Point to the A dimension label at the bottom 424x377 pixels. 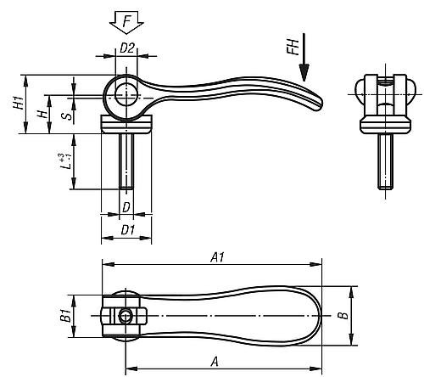pyautogui.click(x=215, y=362)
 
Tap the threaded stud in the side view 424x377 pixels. pyautogui.click(x=126, y=161)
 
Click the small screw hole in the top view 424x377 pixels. pyautogui.click(x=126, y=317)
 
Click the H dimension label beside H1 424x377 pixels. pyautogui.click(x=42, y=112)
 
